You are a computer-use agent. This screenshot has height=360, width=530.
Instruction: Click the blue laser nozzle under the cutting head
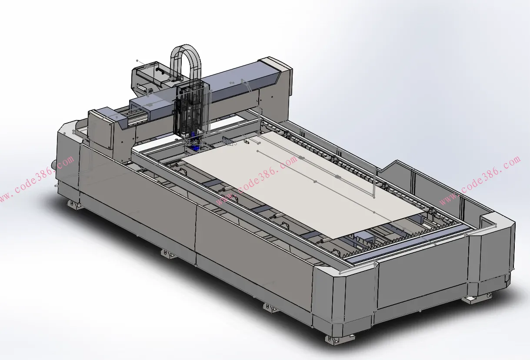[x=194, y=142]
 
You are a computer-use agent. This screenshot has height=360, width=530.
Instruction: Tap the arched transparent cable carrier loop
[x=186, y=47]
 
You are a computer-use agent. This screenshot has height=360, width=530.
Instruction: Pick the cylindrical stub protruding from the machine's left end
[x=54, y=164]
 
